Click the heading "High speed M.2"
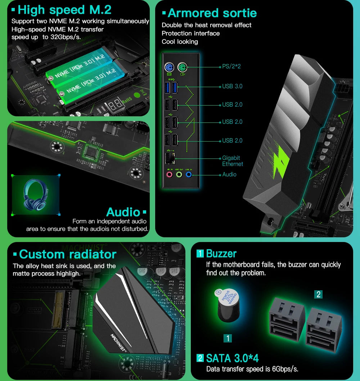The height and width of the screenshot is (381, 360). point(64,10)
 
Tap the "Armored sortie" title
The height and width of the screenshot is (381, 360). point(212,13)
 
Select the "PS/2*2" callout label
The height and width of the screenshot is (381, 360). point(231,67)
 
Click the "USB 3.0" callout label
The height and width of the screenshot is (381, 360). point(232,86)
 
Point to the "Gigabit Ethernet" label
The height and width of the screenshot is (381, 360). point(232,161)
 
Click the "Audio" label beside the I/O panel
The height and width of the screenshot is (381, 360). point(229,175)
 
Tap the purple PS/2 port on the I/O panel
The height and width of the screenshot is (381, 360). point(170,67)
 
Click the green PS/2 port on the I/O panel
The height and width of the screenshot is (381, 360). point(182,67)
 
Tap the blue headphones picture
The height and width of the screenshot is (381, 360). point(35,195)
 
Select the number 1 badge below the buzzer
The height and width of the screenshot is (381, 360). point(228,338)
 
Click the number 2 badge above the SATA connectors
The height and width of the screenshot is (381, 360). point(318,294)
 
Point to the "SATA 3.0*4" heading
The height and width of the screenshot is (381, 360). point(232,358)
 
